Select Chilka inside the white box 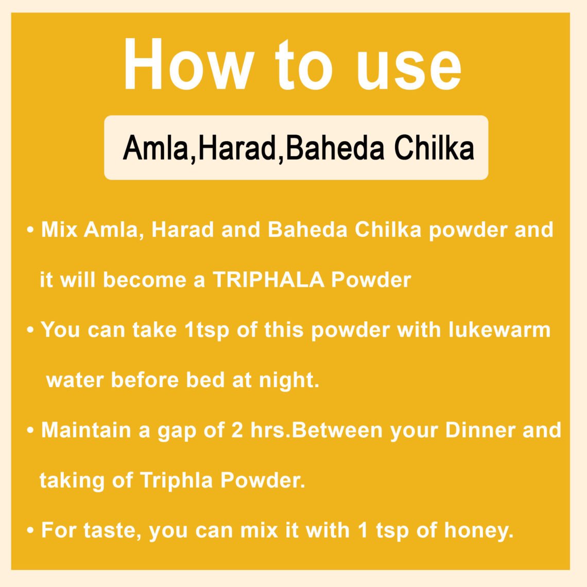pos(434,148)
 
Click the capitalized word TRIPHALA pos(268,280)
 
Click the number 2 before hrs pos(237,430)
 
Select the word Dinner pos(480,430)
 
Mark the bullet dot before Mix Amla pos(31,230)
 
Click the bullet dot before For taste pos(31,530)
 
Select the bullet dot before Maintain pos(31,430)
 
